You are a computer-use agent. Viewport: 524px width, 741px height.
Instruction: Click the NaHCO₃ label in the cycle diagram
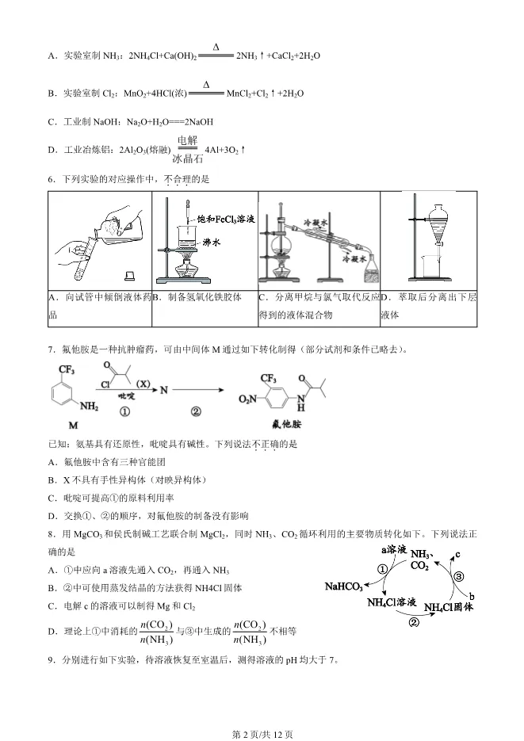(343, 587)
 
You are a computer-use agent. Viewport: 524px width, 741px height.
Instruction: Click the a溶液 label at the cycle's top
(394, 548)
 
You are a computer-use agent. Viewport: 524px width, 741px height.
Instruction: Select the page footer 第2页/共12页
(262, 734)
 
